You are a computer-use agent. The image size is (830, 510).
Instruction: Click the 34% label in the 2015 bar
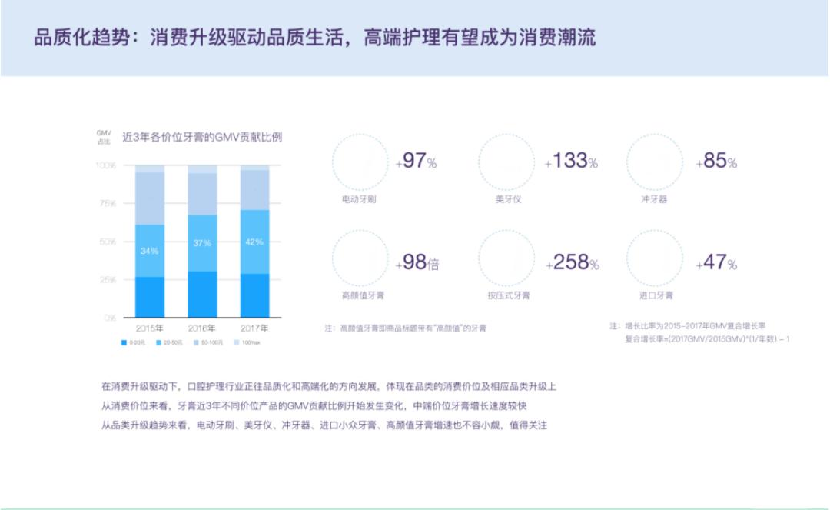pos(150,251)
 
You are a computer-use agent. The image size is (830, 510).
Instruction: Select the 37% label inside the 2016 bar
pos(202,243)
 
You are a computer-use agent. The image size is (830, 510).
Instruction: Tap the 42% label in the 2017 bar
pos(254,242)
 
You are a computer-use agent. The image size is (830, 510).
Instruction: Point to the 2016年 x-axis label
pos(202,328)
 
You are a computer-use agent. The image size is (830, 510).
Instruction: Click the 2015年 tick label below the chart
pos(150,328)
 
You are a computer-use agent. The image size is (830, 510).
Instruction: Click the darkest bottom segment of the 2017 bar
pos(254,295)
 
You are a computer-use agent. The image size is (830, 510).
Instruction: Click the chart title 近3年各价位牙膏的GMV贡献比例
pos(202,138)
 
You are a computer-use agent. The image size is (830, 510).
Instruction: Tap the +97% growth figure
pos(416,162)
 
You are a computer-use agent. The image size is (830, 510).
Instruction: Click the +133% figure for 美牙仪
pos(571,162)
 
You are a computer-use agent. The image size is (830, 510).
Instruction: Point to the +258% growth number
pos(573,263)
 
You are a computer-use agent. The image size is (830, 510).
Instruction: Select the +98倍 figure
pos(417,263)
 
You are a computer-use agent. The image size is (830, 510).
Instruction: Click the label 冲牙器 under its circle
pos(654,199)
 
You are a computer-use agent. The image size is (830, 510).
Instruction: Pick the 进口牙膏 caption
pos(656,295)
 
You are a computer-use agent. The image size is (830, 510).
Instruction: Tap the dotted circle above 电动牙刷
pos(360,162)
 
